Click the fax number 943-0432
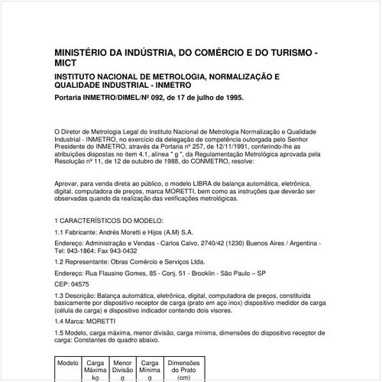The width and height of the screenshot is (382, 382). (x=122, y=250)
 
